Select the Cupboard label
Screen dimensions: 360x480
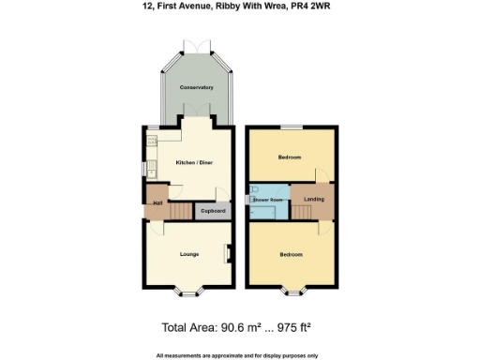point(212,211)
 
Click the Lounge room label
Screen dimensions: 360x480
point(189,254)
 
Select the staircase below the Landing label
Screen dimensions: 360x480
point(302,213)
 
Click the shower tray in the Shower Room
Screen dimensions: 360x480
point(262,212)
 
